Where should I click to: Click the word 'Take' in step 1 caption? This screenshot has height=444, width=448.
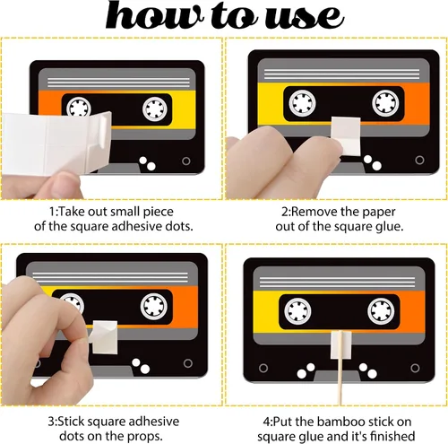coord(71,212)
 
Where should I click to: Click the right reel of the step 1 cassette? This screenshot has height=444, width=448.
coord(155,109)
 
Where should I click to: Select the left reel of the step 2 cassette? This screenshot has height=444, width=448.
coord(302,102)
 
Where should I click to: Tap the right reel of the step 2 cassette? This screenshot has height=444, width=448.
coord(385,102)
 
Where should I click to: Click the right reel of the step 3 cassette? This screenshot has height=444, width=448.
coord(154,307)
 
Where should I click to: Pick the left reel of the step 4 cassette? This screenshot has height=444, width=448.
coord(297,311)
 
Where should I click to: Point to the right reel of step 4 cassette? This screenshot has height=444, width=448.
coord(381,311)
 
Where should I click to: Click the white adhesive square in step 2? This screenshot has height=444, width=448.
coord(347,136)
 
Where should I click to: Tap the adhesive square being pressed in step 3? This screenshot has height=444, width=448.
coord(105,337)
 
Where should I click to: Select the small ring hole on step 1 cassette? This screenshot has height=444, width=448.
coord(186,161)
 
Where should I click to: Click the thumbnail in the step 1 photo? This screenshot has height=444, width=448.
coord(65,184)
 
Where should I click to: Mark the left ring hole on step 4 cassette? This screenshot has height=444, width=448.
coord(263,368)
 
